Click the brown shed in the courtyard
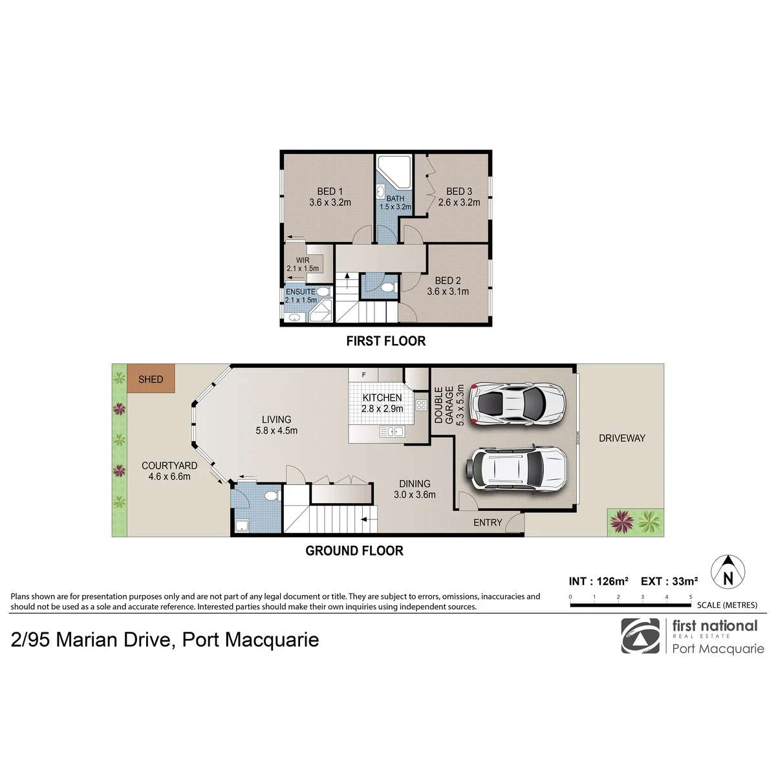point(151,378)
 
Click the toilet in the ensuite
point(322,292)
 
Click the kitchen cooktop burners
point(421,405)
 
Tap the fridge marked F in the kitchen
point(363,375)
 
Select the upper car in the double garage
point(518,403)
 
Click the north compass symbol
point(728,572)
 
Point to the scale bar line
point(630,605)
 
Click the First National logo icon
point(640,636)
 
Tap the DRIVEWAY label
point(622,438)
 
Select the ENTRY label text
point(488,523)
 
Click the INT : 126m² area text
point(599,581)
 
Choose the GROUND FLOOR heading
point(354,551)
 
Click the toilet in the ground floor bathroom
point(273,495)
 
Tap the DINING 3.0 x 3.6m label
point(415,489)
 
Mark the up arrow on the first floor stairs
point(347,281)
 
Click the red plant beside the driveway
point(621,522)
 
